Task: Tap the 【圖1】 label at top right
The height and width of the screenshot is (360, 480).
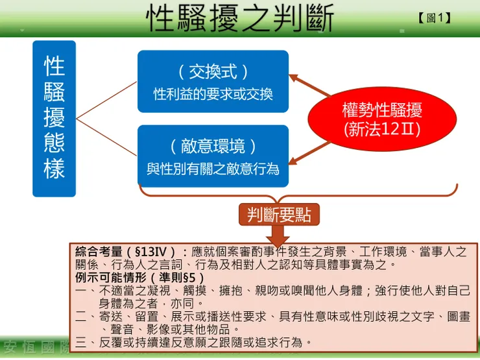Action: point(435,18)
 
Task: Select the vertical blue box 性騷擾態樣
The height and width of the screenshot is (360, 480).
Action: point(54,118)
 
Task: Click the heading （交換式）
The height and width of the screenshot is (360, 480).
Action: point(213,71)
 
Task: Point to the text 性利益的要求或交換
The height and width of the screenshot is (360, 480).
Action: point(213,94)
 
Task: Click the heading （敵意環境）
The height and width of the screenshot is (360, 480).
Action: point(213,145)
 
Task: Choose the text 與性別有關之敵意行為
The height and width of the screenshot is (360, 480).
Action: point(213,169)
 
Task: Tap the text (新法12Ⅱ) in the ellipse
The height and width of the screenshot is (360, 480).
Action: point(382,128)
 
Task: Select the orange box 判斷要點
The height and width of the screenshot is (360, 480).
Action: point(279,215)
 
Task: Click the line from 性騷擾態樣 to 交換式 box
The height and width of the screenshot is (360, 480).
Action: point(107,100)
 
